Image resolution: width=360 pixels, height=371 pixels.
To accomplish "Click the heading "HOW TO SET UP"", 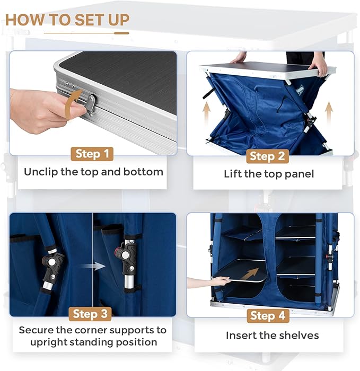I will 67,20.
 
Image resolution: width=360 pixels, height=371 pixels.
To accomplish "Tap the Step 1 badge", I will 93,154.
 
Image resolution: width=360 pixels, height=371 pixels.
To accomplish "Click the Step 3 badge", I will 93,314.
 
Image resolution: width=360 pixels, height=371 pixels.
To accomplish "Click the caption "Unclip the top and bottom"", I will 93,172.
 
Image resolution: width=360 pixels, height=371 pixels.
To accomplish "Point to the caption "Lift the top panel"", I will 269,174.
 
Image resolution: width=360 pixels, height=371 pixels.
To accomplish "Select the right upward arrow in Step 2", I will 329,112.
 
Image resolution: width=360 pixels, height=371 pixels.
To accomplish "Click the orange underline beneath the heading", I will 86,33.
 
